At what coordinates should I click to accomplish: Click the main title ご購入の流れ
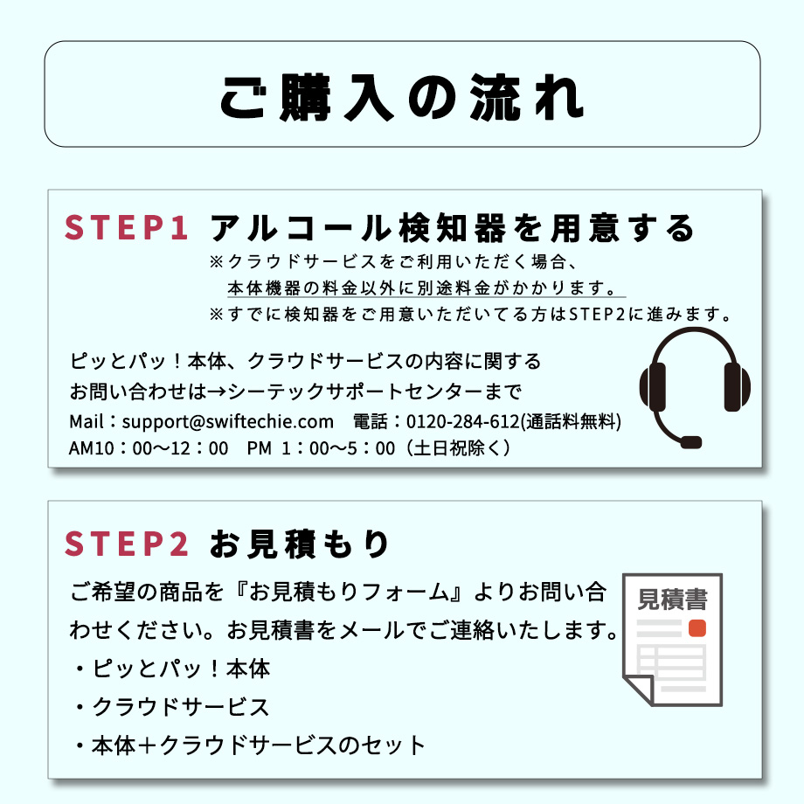point(401,96)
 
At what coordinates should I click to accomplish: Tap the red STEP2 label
point(127,544)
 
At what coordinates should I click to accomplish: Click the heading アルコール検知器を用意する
point(453,229)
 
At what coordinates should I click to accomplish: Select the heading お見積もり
point(300,544)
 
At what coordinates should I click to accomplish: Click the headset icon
point(695,385)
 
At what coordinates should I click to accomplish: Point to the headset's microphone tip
point(690,442)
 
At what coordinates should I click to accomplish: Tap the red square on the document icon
point(697,628)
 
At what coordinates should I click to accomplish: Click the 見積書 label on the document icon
point(672,600)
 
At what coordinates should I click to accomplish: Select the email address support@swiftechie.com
point(228,422)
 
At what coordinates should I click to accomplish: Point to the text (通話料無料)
point(572,422)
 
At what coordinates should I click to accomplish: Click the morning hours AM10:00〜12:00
point(149,448)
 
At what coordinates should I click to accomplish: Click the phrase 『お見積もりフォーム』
point(349,593)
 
